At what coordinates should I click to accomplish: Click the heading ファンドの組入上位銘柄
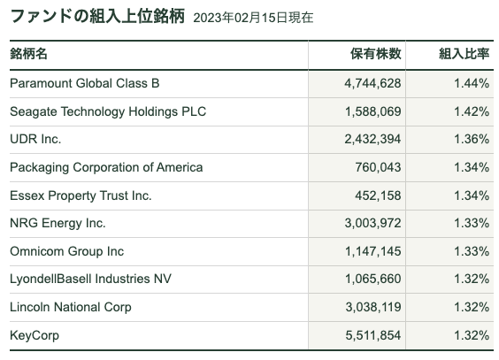pos(97,16)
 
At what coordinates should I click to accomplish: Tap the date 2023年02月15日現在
pos(253,18)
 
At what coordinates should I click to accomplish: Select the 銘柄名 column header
pos(28,54)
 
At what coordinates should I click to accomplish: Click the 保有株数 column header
pos(375,54)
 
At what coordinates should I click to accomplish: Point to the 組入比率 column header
pos(464,54)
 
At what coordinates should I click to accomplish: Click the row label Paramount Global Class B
pos(85,83)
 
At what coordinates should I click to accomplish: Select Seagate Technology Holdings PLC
pos(108,111)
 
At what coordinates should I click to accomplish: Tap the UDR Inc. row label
pos(35,139)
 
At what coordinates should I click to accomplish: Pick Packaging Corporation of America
pos(106,167)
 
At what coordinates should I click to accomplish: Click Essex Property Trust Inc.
pos(81,195)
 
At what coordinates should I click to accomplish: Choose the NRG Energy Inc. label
pos(58,223)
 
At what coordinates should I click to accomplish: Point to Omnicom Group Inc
pos(67,251)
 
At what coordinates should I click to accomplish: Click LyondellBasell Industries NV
pos(91,279)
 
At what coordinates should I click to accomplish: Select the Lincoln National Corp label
pos(71,307)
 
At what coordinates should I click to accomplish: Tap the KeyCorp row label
pos(35,335)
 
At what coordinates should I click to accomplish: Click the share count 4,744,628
pos(372,83)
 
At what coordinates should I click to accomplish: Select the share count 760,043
pos(378,167)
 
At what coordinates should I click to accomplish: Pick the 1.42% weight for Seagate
pos(472,111)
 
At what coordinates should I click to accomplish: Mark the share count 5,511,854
pos(373,335)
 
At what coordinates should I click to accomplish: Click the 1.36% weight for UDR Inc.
pos(472,139)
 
